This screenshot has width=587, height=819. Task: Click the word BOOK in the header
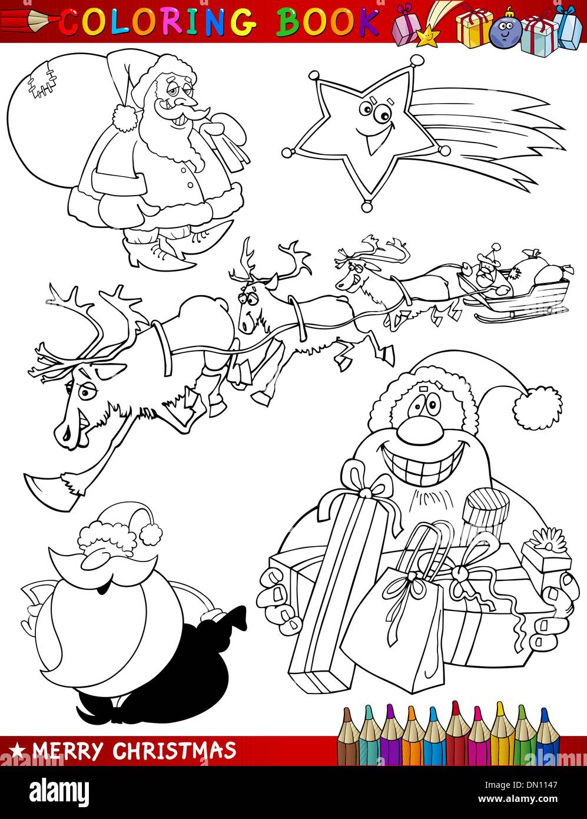[x=327, y=21]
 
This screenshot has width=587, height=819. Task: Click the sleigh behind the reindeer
[x=519, y=300]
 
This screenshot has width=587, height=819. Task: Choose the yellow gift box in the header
[x=473, y=28]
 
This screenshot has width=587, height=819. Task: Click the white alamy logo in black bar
[x=59, y=790]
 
